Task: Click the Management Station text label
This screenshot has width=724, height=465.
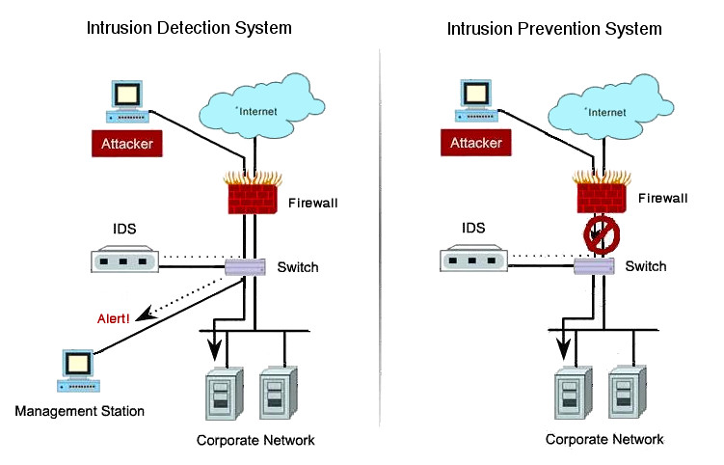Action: pos(80,412)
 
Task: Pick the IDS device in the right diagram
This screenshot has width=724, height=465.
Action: pos(473,261)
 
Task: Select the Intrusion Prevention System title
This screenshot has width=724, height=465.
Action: pos(554,28)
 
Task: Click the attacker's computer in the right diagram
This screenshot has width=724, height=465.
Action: pos(474,102)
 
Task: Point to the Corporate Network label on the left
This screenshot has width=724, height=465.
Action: pos(255,440)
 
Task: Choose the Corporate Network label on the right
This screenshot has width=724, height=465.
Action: pos(604,439)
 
